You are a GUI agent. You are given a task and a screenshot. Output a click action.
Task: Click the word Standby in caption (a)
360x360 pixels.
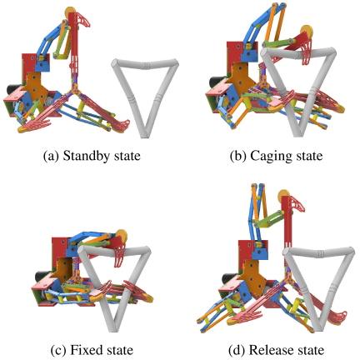tap(87, 156)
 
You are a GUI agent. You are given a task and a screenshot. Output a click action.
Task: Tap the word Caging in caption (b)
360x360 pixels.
tap(272, 157)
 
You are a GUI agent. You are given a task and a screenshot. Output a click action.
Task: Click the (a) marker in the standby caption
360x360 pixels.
tap(51, 157)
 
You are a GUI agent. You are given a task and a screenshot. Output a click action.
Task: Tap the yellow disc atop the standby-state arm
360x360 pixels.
tap(70, 12)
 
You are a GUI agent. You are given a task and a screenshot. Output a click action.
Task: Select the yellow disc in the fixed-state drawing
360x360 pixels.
tap(121, 236)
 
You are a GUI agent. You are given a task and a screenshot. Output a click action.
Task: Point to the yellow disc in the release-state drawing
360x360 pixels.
tap(284, 196)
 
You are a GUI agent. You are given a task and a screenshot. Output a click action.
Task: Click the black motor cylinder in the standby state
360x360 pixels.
tap(12, 91)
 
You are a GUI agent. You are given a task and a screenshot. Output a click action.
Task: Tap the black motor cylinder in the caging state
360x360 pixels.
tap(215, 82)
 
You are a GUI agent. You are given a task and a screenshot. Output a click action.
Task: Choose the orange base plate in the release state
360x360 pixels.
tap(253, 279)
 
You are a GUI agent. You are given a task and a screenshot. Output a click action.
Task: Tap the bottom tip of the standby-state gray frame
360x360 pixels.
tap(144, 136)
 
